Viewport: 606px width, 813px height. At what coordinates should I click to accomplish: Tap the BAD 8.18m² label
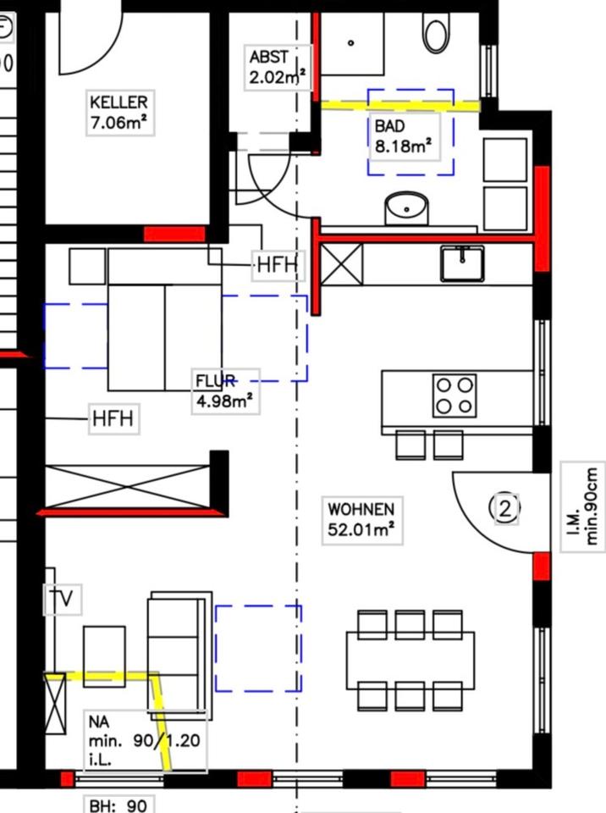pyautogui.click(x=404, y=135)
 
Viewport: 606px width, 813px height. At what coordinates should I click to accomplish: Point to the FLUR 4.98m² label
pyautogui.click(x=224, y=390)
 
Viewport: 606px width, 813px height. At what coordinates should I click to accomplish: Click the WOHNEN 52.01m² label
pyautogui.click(x=361, y=520)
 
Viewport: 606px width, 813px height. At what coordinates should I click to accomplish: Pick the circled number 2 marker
pyautogui.click(x=505, y=508)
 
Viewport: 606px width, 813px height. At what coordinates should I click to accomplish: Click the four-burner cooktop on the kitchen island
pyautogui.click(x=454, y=395)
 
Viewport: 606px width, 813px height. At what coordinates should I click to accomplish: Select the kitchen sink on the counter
pyautogui.click(x=462, y=263)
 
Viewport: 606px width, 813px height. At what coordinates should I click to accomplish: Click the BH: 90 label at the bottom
pyautogui.click(x=118, y=805)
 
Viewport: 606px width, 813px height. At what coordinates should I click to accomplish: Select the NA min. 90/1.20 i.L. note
pyautogui.click(x=145, y=739)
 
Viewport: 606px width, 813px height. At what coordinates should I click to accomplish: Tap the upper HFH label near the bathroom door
pyautogui.click(x=278, y=265)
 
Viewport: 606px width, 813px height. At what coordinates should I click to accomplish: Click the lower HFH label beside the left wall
pyautogui.click(x=113, y=418)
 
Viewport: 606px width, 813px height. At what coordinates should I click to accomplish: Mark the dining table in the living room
pyautogui.click(x=410, y=660)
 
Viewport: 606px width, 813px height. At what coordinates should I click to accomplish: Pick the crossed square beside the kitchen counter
pyautogui.click(x=342, y=263)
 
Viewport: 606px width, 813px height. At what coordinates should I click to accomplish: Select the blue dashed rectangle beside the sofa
pyautogui.click(x=258, y=648)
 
